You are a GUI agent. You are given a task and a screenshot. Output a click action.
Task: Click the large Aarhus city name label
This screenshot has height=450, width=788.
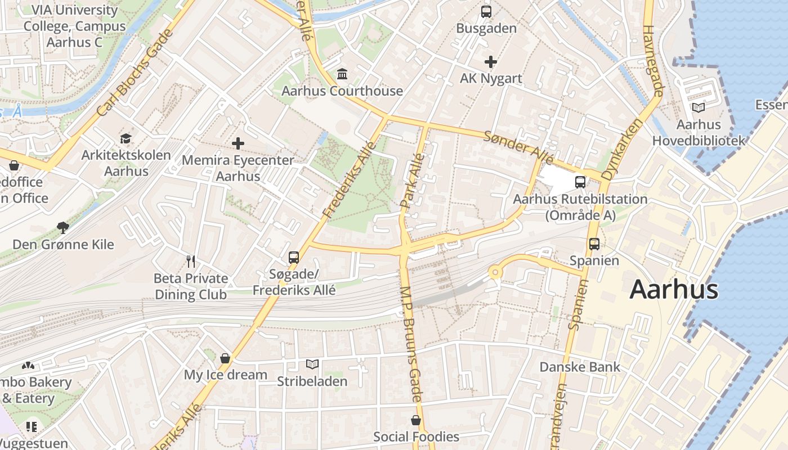point(673,290)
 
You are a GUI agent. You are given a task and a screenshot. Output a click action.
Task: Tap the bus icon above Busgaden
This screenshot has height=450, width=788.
point(486,11)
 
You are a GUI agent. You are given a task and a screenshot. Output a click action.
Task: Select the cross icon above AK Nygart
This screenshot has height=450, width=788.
point(490,61)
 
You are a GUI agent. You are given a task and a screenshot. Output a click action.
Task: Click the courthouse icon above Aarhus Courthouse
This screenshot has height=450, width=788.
point(342,74)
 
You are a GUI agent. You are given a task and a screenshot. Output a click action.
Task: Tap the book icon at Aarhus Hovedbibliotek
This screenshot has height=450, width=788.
point(698,107)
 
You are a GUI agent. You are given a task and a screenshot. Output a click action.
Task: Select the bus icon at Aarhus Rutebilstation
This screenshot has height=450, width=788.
point(580,182)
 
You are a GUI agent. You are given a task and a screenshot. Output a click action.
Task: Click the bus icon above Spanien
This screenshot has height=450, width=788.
point(594,244)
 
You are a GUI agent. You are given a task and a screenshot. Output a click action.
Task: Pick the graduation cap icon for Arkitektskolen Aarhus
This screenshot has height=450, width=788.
point(126,138)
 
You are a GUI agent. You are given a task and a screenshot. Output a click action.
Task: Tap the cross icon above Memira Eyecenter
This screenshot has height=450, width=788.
point(238,143)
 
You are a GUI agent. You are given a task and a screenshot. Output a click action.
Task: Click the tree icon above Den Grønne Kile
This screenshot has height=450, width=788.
point(63,228)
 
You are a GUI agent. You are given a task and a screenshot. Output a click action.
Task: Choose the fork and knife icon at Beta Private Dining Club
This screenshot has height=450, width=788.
point(191,261)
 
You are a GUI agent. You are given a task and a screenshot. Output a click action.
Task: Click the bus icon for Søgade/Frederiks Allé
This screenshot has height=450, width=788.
point(293,257)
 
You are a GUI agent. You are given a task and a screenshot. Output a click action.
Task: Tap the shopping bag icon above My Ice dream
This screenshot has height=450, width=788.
point(225,358)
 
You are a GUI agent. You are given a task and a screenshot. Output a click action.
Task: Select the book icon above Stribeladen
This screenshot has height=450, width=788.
point(312,364)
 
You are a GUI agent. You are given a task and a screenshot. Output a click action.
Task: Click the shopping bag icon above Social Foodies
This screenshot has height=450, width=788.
point(415,420)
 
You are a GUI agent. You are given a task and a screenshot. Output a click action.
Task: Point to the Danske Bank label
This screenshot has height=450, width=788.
point(580,367)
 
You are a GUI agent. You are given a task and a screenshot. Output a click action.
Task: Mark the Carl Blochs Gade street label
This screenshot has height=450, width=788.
point(135,74)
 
